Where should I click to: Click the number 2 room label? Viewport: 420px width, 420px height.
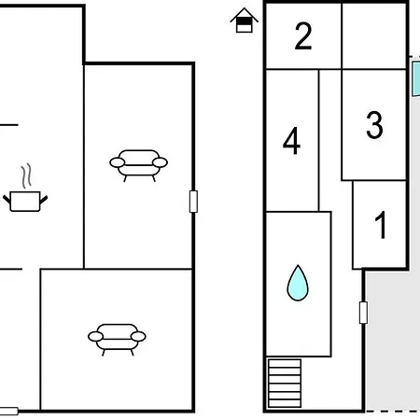tap(303, 35)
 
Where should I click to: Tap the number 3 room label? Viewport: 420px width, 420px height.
tap(374, 125)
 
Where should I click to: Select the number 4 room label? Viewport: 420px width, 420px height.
tap(291, 141)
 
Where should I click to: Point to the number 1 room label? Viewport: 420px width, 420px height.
tap(381, 225)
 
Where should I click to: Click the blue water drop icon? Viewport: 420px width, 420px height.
tap(298, 283)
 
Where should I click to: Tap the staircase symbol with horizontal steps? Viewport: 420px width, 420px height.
tap(285, 384)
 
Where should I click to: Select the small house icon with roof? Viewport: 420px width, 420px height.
tap(245, 21)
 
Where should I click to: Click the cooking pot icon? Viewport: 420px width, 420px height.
tap(25, 202)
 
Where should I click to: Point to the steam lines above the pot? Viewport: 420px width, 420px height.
tap(26, 175)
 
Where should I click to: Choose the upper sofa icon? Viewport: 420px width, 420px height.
tap(139, 165)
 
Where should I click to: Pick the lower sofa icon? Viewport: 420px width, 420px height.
tap(117, 340)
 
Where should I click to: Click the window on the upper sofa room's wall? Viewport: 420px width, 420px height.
tap(193, 202)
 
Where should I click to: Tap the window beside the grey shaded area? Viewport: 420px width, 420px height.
tap(363, 313)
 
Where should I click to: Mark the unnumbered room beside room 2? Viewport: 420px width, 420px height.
tap(374, 36)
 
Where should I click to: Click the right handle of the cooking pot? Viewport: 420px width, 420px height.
tap(44, 200)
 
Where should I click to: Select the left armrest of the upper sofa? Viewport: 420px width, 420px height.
tap(118, 162)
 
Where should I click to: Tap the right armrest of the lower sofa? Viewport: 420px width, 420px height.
tap(138, 336)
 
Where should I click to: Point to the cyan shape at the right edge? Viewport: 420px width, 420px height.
tap(416, 78)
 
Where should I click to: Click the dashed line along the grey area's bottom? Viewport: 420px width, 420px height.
tap(393, 411)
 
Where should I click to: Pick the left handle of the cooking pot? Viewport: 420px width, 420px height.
tap(7, 200)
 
